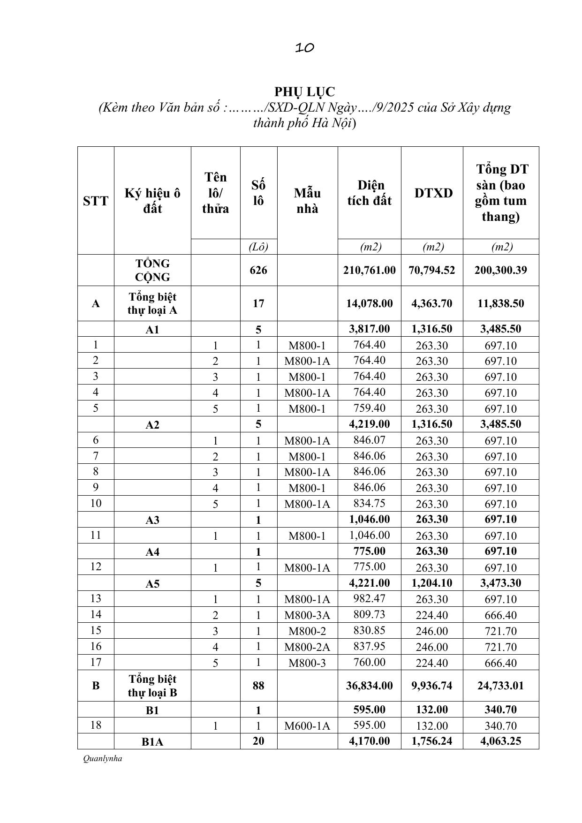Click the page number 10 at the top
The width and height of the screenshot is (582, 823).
click(304, 47)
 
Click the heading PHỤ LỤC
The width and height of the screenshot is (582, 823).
click(304, 91)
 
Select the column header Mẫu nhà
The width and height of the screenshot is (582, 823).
click(307, 201)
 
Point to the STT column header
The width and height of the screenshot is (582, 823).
click(96, 201)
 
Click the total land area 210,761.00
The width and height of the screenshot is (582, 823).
click(370, 270)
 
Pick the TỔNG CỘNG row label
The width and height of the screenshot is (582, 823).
click(152, 270)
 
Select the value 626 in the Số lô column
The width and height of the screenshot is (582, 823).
click(258, 270)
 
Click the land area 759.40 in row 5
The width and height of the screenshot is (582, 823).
click(370, 408)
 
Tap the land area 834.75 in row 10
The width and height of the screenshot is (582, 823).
click(370, 503)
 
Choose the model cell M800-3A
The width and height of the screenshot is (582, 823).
click(307, 615)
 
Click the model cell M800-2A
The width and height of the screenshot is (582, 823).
click(307, 647)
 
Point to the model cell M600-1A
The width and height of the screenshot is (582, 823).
click(307, 726)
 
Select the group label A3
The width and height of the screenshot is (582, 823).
click(152, 520)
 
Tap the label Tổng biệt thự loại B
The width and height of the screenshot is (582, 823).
click(152, 686)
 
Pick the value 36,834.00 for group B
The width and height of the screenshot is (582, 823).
click(370, 686)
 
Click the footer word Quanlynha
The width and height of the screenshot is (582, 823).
click(102, 758)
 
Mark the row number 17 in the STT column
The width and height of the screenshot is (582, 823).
click(96, 662)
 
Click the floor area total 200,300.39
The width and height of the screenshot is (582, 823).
click(500, 270)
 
